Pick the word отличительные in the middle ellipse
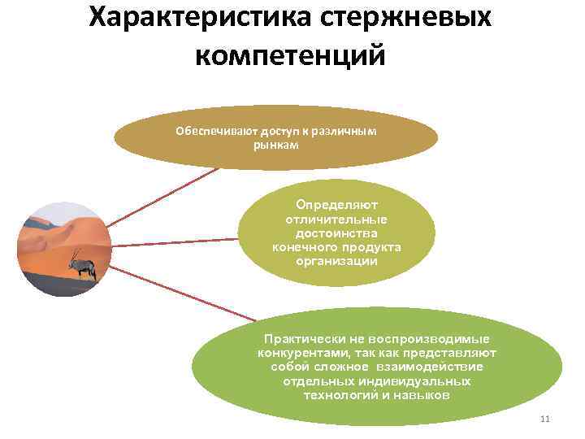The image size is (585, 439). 336,220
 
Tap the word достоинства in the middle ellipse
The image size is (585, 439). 336,234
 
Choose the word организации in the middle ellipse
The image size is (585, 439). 336,261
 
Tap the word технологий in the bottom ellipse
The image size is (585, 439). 336,395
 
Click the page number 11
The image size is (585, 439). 544,419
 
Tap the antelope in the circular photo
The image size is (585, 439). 83,264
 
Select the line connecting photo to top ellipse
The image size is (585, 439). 162,198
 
